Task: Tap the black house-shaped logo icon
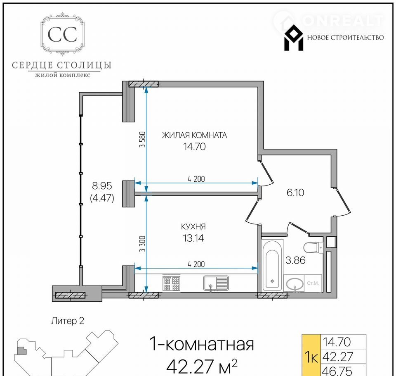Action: tap(294, 38)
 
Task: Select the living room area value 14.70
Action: tap(194, 147)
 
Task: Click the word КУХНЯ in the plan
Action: tap(193, 226)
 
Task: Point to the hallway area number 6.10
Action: tap(295, 193)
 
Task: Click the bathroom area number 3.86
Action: tap(295, 260)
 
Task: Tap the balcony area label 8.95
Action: tap(102, 186)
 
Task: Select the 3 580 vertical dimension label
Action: tap(142, 139)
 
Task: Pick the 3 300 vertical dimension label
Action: tap(142, 244)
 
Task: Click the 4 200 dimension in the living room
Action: tap(196, 179)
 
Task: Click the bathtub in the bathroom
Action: tap(272, 265)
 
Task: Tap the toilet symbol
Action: tap(313, 248)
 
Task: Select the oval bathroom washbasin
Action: tap(294, 284)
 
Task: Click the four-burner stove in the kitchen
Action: tap(171, 283)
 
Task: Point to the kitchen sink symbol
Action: tap(216, 283)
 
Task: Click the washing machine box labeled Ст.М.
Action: tap(313, 283)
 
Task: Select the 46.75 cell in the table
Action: tap(337, 371)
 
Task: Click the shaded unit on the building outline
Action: tap(21, 351)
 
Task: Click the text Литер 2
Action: tap(68, 321)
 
